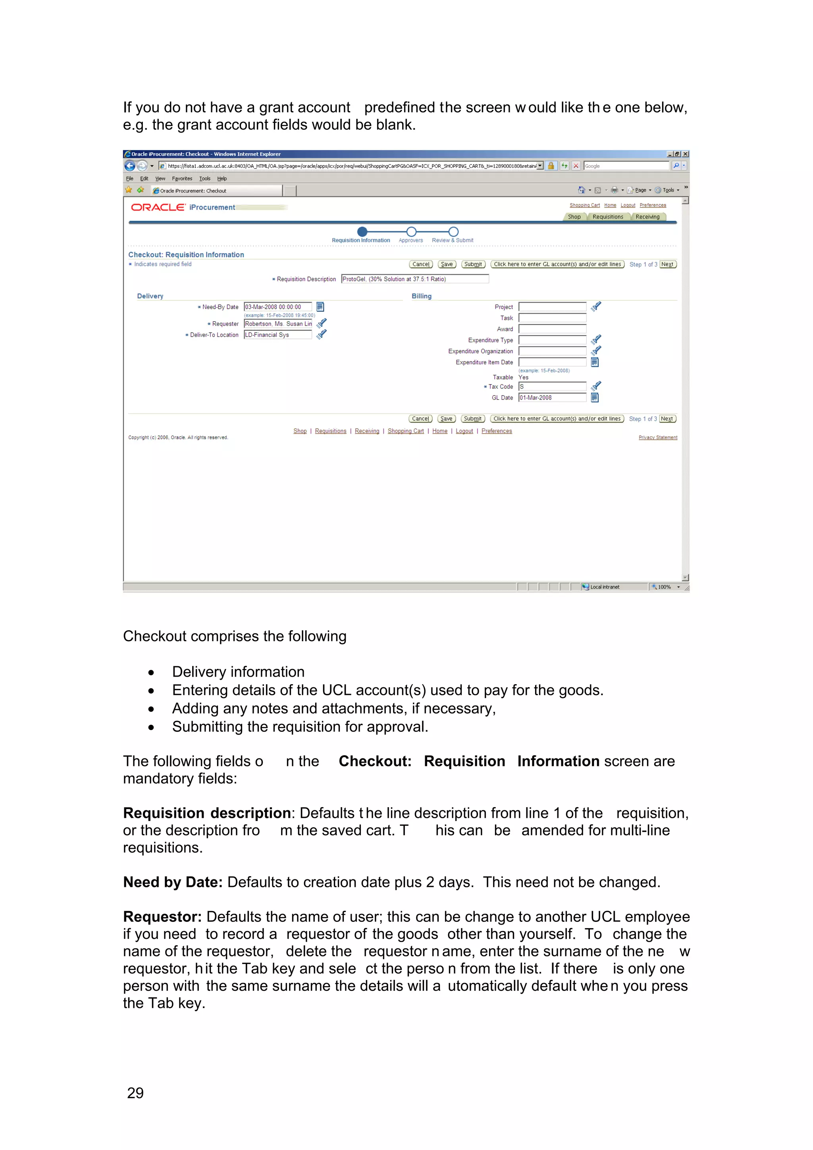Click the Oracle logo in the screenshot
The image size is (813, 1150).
[x=158, y=208]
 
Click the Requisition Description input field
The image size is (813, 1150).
[x=414, y=279]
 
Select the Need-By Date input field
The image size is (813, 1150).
[x=277, y=307]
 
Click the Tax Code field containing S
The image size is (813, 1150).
[x=552, y=387]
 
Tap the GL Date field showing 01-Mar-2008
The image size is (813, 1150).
[x=552, y=398]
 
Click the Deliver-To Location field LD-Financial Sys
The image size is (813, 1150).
[x=277, y=335]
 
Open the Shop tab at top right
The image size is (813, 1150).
[x=574, y=217]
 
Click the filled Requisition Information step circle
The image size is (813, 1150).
[x=362, y=231]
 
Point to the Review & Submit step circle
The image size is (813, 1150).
[x=453, y=231]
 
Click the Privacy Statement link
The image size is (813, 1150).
[x=658, y=438]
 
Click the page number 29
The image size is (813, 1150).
[x=135, y=1093]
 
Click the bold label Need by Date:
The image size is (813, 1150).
[x=173, y=882]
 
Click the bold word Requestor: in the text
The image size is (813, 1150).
[x=162, y=917]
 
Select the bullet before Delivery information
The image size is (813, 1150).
[x=151, y=673]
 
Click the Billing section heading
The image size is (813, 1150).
[x=421, y=296]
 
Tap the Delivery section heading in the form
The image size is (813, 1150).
[x=150, y=296]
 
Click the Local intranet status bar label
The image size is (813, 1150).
[x=605, y=587]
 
